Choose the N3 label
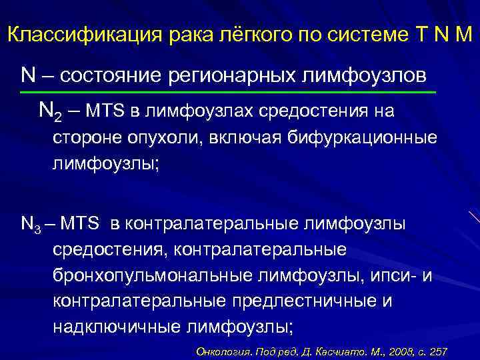(31, 224)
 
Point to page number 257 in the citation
(438, 351)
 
